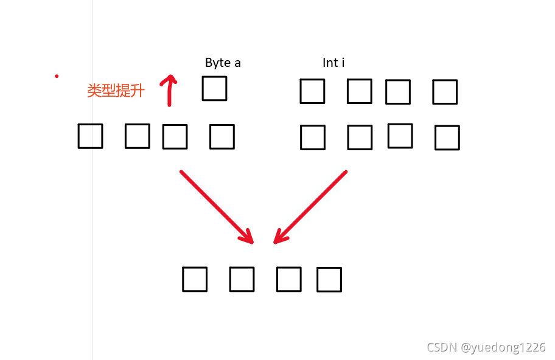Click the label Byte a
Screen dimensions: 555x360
[223, 63]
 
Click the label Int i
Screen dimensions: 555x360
[333, 63]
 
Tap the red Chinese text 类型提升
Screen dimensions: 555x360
[116, 91]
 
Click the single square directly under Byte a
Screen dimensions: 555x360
[214, 88]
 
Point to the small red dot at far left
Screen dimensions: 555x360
[57, 76]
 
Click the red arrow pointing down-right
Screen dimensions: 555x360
[216, 206]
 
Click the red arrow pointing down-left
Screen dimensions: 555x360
[310, 207]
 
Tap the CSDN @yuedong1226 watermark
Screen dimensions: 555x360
[486, 347]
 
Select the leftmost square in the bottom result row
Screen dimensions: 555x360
[195, 279]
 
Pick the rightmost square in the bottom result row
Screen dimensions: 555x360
[329, 280]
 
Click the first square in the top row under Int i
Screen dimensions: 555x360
[312, 91]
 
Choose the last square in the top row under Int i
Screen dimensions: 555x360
[445, 92]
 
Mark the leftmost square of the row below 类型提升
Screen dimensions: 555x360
[90, 136]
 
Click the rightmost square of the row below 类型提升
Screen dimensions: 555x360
[222, 137]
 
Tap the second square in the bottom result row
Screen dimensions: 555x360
[242, 279]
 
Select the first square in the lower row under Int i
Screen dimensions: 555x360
[313, 137]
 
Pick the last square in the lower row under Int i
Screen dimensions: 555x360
[447, 138]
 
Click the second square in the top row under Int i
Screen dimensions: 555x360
[359, 91]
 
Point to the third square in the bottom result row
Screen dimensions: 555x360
[288, 279]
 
